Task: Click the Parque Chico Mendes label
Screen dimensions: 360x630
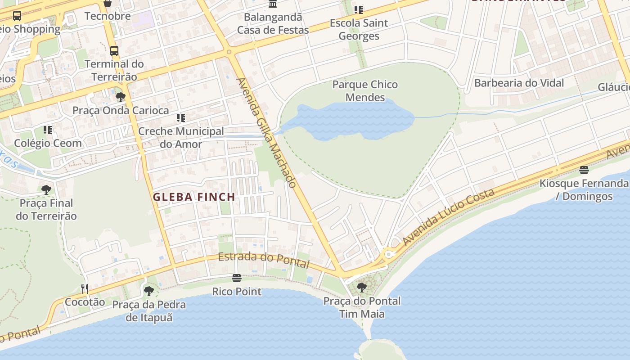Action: tap(365, 91)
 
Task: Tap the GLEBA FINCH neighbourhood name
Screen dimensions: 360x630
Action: tap(194, 197)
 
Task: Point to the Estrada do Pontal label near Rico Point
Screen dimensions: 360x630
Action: tap(264, 260)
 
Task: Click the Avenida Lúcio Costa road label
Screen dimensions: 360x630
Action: tap(449, 217)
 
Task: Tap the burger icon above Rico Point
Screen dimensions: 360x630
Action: tap(237, 278)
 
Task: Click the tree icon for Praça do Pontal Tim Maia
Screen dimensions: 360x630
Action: tap(361, 287)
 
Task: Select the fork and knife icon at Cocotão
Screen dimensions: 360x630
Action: tap(85, 288)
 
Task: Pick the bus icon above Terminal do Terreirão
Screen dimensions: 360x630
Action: tap(114, 50)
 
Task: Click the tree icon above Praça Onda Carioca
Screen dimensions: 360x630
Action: tap(120, 97)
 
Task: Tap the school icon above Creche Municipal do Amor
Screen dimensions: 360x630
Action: tap(181, 118)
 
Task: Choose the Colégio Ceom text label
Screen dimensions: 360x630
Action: tap(48, 143)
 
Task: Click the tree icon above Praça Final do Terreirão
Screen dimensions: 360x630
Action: tap(46, 189)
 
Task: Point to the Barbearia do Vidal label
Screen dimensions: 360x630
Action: tap(519, 83)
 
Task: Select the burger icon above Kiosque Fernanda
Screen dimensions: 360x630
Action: tap(584, 170)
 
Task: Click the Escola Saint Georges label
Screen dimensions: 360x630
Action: tap(359, 29)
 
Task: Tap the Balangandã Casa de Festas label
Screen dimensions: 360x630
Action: tap(273, 23)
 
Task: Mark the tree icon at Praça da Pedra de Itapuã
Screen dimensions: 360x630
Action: tap(149, 291)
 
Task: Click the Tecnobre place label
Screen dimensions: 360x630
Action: tap(108, 16)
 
